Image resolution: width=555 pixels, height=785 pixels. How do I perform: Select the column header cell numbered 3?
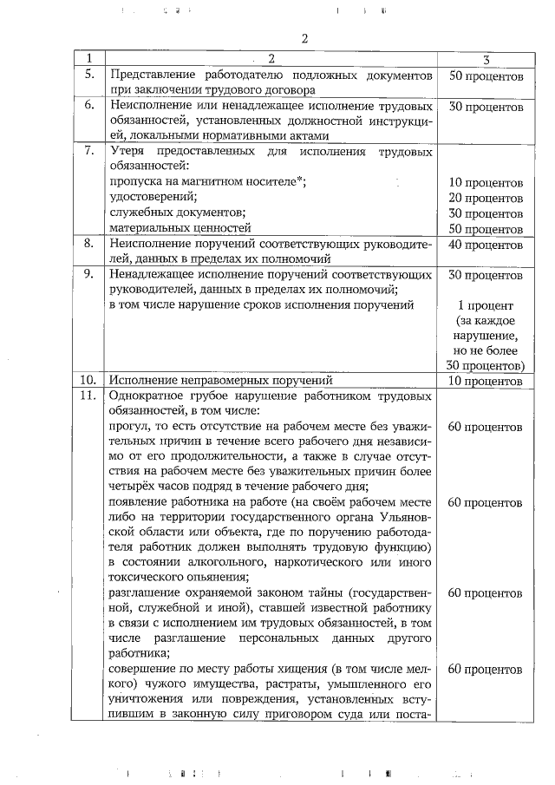click(486, 59)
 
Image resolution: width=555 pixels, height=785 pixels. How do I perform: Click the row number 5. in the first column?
click(88, 75)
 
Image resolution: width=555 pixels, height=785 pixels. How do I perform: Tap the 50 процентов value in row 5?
click(486, 75)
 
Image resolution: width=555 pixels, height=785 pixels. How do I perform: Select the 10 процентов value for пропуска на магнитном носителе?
click(486, 183)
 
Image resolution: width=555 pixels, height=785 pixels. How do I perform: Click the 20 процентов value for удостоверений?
click(486, 199)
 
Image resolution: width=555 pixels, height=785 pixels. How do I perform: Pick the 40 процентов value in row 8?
click(486, 245)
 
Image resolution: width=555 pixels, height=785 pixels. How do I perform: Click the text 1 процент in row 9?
click(486, 306)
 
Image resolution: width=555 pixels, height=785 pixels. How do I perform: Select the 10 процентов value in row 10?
click(486, 380)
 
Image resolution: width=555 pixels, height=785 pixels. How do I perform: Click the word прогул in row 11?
click(127, 427)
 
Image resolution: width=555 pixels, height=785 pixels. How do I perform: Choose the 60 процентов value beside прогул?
click(486, 427)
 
